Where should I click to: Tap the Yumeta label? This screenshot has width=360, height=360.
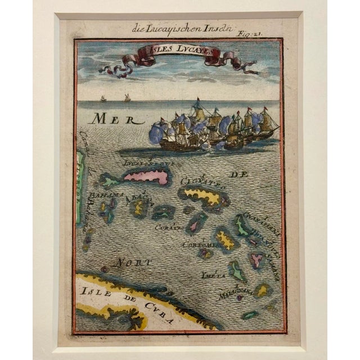(213, 275)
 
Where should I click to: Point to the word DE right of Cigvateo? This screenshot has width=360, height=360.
(239, 175)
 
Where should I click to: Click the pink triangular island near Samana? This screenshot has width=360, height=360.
(257, 260)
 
